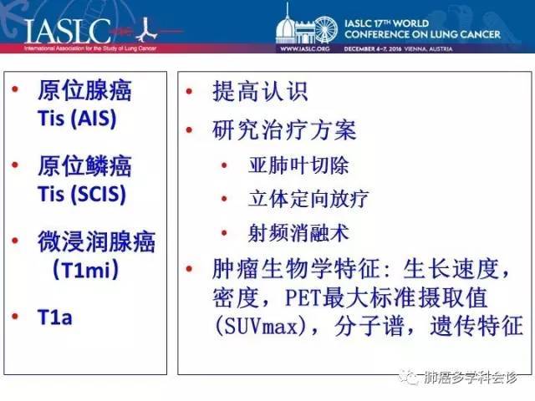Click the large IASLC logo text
[x=67, y=32]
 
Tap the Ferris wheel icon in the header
[x=325, y=30]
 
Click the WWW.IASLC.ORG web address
[x=304, y=48]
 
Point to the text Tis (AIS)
[x=77, y=119]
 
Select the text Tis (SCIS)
[x=82, y=195]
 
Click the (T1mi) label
[x=85, y=270]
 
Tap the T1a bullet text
[x=55, y=317]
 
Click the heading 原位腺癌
[x=84, y=91]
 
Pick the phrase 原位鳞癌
[x=84, y=166]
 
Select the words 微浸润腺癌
[x=97, y=241]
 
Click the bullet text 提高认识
[x=260, y=91]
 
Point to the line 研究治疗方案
[x=284, y=130]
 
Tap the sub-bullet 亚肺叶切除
[x=298, y=165]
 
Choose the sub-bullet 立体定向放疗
[x=308, y=199]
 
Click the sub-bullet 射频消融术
[x=298, y=233]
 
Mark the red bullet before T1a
[x=15, y=316]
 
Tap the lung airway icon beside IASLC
[x=146, y=30]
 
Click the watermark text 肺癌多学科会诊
[x=471, y=378]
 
